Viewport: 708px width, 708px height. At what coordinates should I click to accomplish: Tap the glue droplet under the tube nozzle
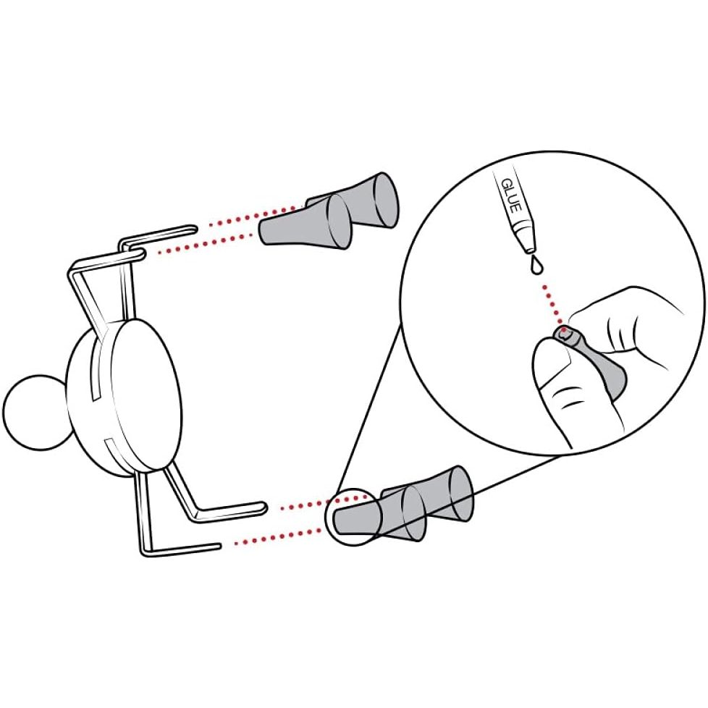(x=536, y=266)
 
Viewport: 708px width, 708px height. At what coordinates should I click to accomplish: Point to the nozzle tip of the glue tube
(x=529, y=249)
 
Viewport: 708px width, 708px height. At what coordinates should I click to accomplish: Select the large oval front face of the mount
(x=147, y=394)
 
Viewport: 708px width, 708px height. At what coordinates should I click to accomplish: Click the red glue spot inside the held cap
(x=563, y=334)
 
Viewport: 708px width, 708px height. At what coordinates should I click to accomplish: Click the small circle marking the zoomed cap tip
(x=351, y=517)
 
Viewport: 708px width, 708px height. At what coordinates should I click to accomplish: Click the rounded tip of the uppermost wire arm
(x=193, y=229)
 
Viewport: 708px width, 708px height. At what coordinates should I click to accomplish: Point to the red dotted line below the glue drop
(x=552, y=303)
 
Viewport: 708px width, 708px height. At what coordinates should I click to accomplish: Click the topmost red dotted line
(x=255, y=216)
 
